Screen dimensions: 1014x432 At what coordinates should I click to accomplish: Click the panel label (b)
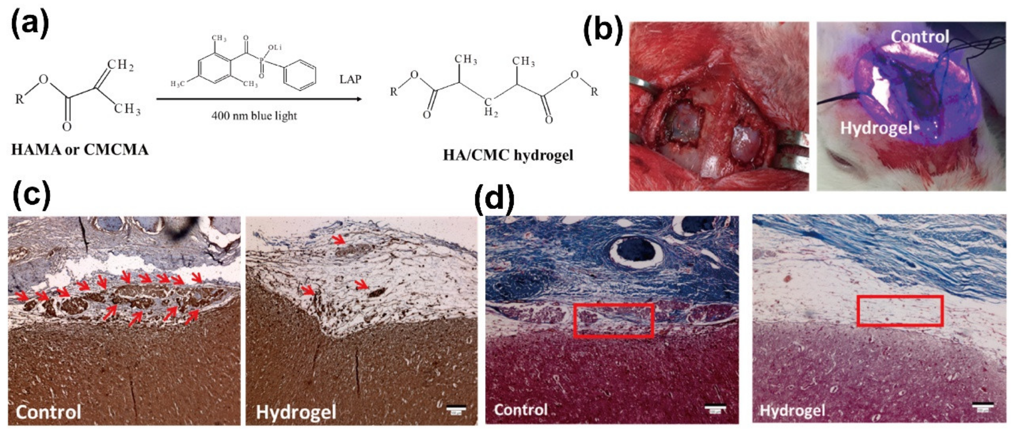[x=603, y=31]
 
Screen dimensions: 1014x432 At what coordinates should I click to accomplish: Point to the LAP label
[x=350, y=80]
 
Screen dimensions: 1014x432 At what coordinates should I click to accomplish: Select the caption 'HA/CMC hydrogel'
[x=508, y=155]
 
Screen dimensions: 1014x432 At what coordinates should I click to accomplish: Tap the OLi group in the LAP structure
[x=275, y=48]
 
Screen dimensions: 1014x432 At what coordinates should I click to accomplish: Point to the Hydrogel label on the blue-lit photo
[x=876, y=128]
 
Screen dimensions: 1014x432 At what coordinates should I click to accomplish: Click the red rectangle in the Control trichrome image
[x=614, y=320]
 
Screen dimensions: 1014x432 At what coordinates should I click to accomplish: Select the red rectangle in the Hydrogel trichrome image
[x=900, y=311]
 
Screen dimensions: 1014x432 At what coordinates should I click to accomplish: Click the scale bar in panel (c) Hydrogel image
[x=456, y=410]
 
